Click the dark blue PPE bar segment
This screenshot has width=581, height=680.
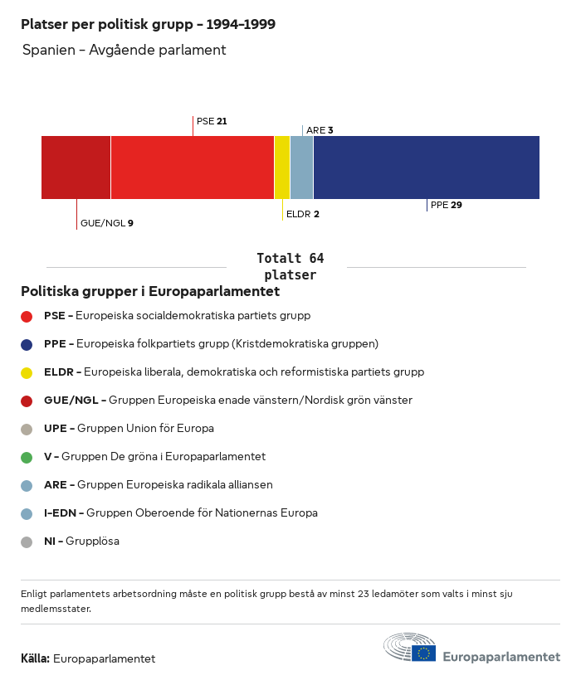click(427, 168)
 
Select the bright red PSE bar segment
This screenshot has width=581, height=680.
click(193, 168)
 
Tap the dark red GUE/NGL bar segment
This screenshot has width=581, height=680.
click(76, 168)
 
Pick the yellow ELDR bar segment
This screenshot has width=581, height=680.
click(282, 168)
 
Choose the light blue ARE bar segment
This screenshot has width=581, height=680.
click(302, 168)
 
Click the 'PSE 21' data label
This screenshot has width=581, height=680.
click(212, 121)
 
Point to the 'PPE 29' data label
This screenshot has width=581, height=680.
click(447, 205)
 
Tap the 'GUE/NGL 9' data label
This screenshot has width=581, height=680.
click(106, 223)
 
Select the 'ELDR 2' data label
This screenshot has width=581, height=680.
click(302, 214)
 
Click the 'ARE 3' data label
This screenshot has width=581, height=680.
click(320, 130)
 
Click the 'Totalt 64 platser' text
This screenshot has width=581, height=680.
click(290, 267)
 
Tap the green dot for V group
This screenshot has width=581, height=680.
click(27, 457)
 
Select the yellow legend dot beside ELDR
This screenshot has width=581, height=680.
click(27, 372)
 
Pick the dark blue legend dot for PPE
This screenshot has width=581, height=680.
click(27, 344)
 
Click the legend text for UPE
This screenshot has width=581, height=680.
click(129, 429)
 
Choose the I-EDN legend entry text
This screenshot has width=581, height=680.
click(180, 513)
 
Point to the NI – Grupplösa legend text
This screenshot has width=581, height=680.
click(81, 542)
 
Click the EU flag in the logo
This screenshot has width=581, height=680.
click(423, 653)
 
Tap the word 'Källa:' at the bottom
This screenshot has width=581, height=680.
click(36, 659)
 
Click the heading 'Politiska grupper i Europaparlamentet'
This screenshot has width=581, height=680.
click(150, 292)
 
